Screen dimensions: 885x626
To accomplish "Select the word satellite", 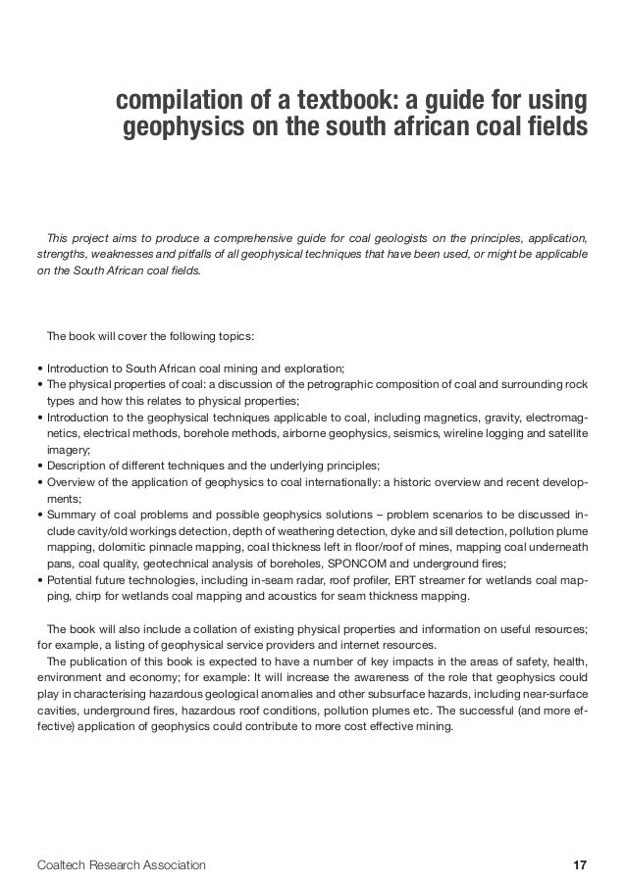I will coord(564,432).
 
